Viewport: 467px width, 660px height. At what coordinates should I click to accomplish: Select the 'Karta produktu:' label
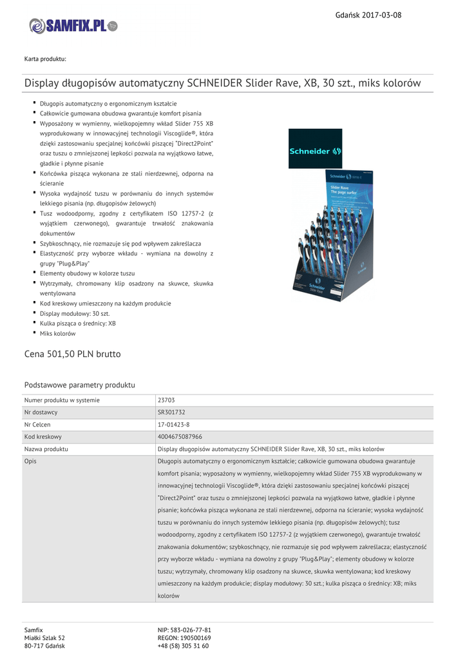[x=45, y=59]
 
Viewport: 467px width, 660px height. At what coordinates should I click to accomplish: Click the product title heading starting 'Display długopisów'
[x=222, y=83]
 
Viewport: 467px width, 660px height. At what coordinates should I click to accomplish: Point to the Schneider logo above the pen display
[x=316, y=151]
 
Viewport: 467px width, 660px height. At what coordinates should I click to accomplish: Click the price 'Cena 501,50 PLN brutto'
[x=72, y=354]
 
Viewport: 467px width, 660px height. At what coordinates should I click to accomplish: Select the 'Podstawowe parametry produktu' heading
[x=79, y=385]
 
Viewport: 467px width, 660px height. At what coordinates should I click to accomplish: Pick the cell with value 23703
[x=166, y=401]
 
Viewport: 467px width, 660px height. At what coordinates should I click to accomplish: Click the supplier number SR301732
[x=171, y=412]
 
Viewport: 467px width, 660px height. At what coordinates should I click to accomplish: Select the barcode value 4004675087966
[x=180, y=437]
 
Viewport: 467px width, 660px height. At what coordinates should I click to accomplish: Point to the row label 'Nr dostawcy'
[x=41, y=412]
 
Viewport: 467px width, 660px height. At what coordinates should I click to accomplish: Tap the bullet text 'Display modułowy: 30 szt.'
[x=75, y=313]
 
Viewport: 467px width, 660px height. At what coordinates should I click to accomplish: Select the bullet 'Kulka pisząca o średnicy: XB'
[x=77, y=324]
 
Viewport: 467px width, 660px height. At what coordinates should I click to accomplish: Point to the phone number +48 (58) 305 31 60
[x=183, y=646]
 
